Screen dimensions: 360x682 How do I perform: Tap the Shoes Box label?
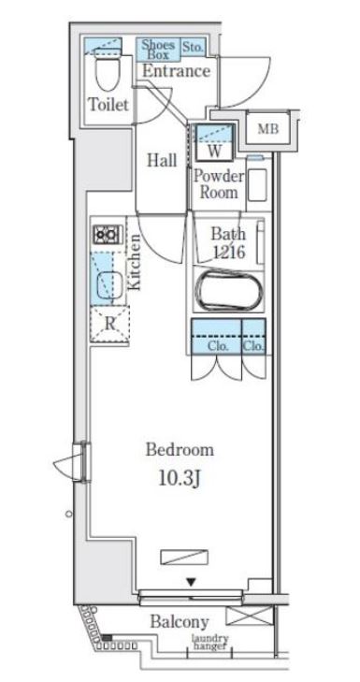pyautogui.click(x=158, y=50)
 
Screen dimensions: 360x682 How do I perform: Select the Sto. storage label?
pyautogui.click(x=193, y=48)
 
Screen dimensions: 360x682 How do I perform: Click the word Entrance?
pyautogui.click(x=176, y=71)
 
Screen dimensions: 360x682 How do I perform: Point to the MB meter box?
pyautogui.click(x=267, y=129)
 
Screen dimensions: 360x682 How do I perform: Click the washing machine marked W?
pyautogui.click(x=214, y=142)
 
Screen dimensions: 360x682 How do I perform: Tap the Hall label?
pyautogui.click(x=162, y=160)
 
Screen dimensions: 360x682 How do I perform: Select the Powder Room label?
pyautogui.click(x=219, y=184)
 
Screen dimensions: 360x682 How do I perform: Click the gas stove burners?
pyautogui.click(x=107, y=235)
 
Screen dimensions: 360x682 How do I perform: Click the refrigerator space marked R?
pyautogui.click(x=110, y=324)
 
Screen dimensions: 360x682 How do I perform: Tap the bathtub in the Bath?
pyautogui.click(x=229, y=291)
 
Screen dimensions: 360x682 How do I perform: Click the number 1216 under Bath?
pyautogui.click(x=229, y=252)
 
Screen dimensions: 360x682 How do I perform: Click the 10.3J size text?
pyautogui.click(x=180, y=478)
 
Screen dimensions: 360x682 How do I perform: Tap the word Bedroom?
pyautogui.click(x=180, y=449)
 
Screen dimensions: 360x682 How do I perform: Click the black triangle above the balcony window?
pyautogui.click(x=192, y=581)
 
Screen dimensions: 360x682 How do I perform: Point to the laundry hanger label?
pyautogui.click(x=210, y=642)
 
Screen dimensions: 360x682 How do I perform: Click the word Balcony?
pyautogui.click(x=180, y=622)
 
